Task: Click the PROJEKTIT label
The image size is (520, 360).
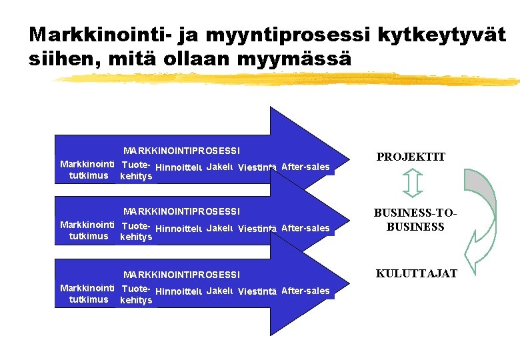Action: click(x=411, y=157)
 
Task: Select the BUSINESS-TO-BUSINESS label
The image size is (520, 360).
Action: click(x=415, y=220)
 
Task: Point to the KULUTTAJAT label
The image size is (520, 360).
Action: click(x=417, y=273)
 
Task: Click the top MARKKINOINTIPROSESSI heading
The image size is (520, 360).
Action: click(x=181, y=151)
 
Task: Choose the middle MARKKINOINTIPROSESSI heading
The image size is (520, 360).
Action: click(x=181, y=211)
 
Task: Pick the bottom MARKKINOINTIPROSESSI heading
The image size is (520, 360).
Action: click(x=181, y=275)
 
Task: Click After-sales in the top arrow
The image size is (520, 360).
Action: click(x=305, y=167)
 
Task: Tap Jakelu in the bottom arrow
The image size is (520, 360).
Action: click(x=219, y=291)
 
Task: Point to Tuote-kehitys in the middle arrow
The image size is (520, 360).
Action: click(x=136, y=231)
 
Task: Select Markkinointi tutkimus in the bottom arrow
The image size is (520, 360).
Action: click(x=87, y=293)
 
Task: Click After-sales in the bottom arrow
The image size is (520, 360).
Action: click(x=305, y=291)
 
